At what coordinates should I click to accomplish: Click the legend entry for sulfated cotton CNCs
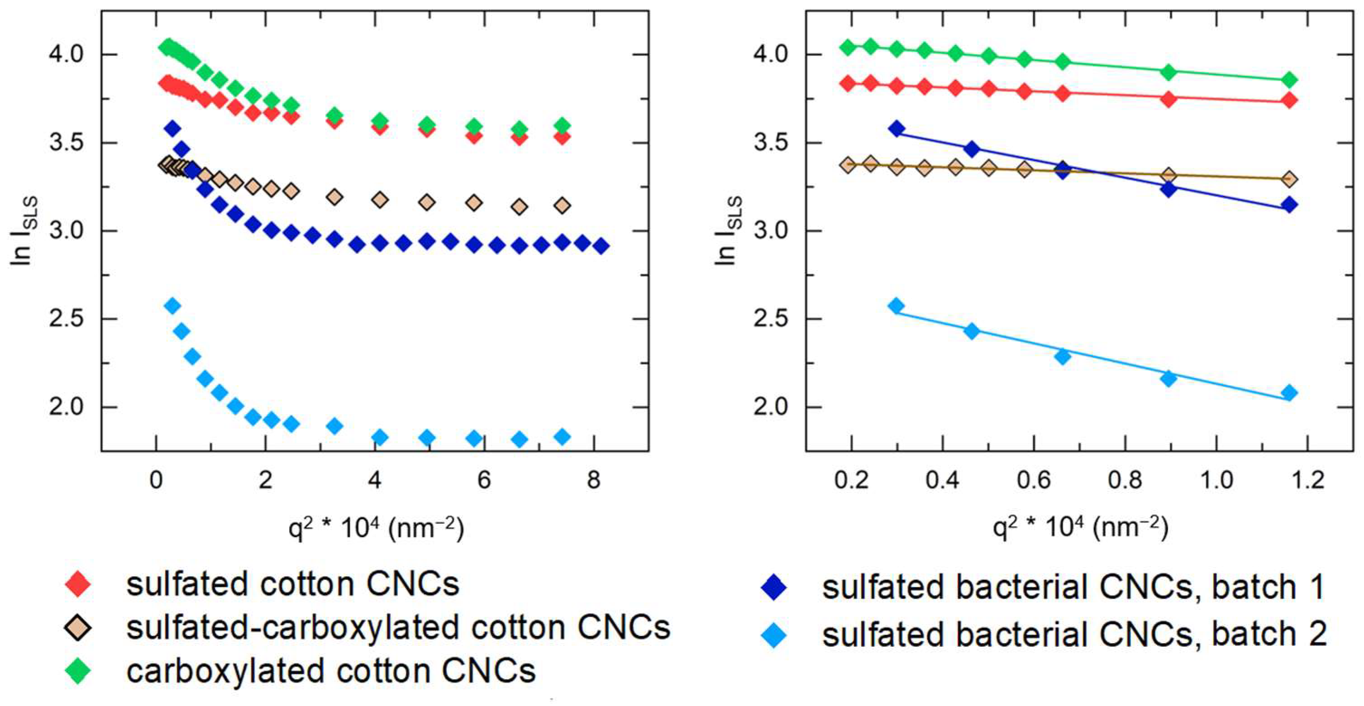pyautogui.click(x=292, y=585)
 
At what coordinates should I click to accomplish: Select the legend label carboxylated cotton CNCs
pyautogui.click(x=331, y=671)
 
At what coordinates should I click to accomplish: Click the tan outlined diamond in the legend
pyautogui.click(x=78, y=628)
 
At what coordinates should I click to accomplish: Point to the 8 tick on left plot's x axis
pyautogui.click(x=594, y=480)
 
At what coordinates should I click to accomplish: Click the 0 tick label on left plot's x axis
pyautogui.click(x=156, y=480)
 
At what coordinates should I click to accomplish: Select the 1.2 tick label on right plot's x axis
pyautogui.click(x=1307, y=480)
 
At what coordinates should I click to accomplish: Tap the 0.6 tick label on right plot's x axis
pyautogui.click(x=1034, y=480)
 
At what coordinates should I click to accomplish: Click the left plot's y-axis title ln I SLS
pyautogui.click(x=24, y=231)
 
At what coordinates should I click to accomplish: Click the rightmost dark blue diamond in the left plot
pyautogui.click(x=601, y=246)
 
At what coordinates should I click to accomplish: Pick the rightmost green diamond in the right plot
pyautogui.click(x=1290, y=81)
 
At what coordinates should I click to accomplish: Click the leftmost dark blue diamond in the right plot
pyautogui.click(x=897, y=129)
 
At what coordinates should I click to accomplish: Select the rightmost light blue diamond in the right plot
pyautogui.click(x=1290, y=393)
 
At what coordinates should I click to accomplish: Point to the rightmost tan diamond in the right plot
pyautogui.click(x=1290, y=180)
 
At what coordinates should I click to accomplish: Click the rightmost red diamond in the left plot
pyautogui.click(x=563, y=137)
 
